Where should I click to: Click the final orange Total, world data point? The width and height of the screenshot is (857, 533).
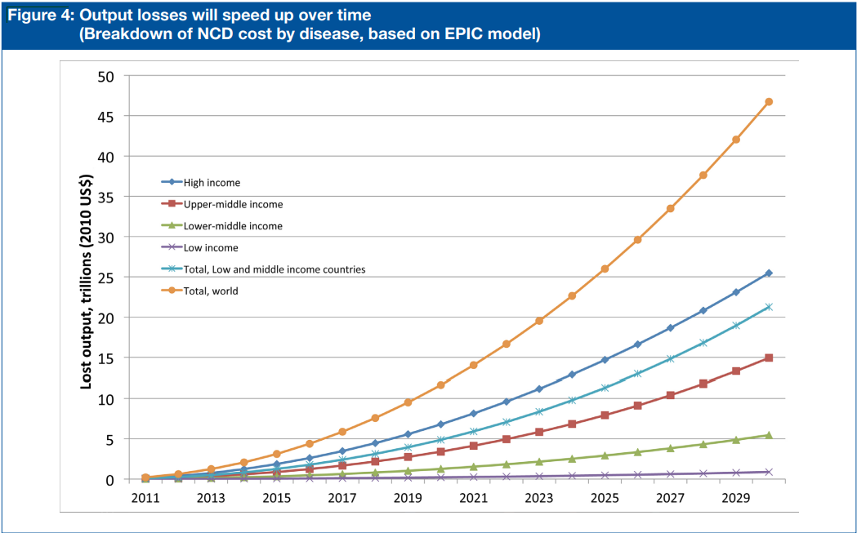pos(769,102)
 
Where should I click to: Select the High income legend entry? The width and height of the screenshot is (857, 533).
pos(212,183)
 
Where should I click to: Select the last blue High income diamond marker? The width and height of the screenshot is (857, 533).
pos(769,273)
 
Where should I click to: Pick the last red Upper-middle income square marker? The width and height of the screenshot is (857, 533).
pos(769,358)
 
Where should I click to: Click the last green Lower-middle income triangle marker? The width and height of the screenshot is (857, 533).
pos(769,435)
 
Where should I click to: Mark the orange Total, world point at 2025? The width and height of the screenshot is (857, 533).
pos(605,269)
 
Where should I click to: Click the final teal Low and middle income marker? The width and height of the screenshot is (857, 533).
pos(769,307)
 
